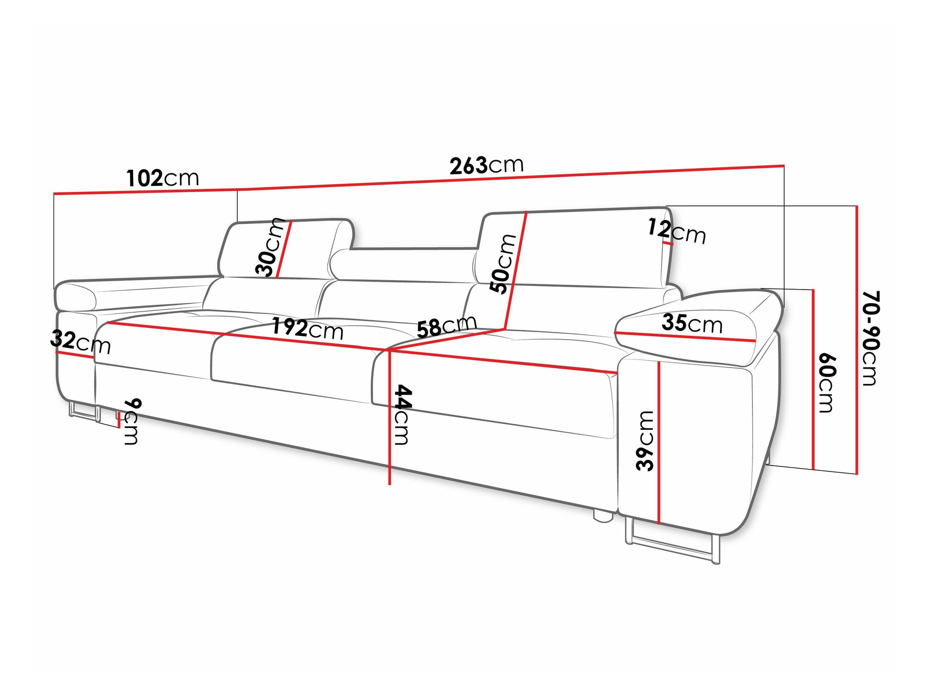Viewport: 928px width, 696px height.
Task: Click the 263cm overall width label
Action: pos(486,166)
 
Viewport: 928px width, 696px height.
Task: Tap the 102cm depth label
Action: pos(162,178)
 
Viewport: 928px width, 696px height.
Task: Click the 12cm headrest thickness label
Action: pos(677,232)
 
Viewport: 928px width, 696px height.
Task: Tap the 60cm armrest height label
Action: pos(826,383)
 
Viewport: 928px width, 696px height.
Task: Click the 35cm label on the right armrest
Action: pos(692,323)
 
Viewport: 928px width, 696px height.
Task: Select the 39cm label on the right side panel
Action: pos(645,440)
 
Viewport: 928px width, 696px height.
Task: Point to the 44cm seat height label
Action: pos(401,414)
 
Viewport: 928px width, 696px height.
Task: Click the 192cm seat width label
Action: pos(307,329)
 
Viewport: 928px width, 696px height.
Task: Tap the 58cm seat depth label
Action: pos(446,326)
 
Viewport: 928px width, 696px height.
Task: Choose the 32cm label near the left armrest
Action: pos(80,342)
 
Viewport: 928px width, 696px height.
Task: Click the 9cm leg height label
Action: pos(132,421)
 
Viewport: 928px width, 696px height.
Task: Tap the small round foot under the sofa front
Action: pos(602,516)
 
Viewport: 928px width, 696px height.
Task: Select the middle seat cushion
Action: pos(292,362)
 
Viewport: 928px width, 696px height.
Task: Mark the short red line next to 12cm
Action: pos(668,243)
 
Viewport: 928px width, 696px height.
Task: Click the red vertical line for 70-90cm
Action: pos(857,339)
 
